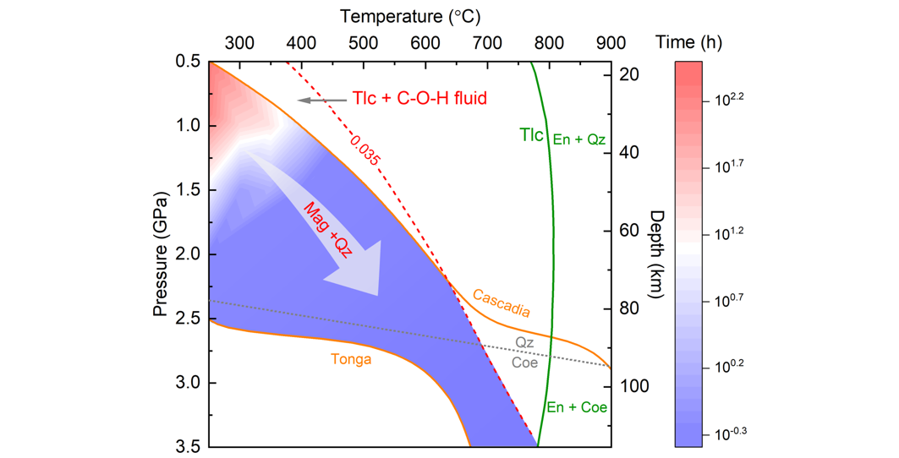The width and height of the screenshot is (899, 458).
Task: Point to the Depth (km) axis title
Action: [654, 253]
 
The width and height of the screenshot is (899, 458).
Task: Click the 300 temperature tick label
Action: [238, 42]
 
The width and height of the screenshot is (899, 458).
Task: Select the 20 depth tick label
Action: [627, 74]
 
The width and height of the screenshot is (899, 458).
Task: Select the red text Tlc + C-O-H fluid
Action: [419, 99]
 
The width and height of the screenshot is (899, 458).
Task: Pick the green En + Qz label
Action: [578, 139]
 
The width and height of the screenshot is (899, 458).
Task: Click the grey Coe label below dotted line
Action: [524, 362]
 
